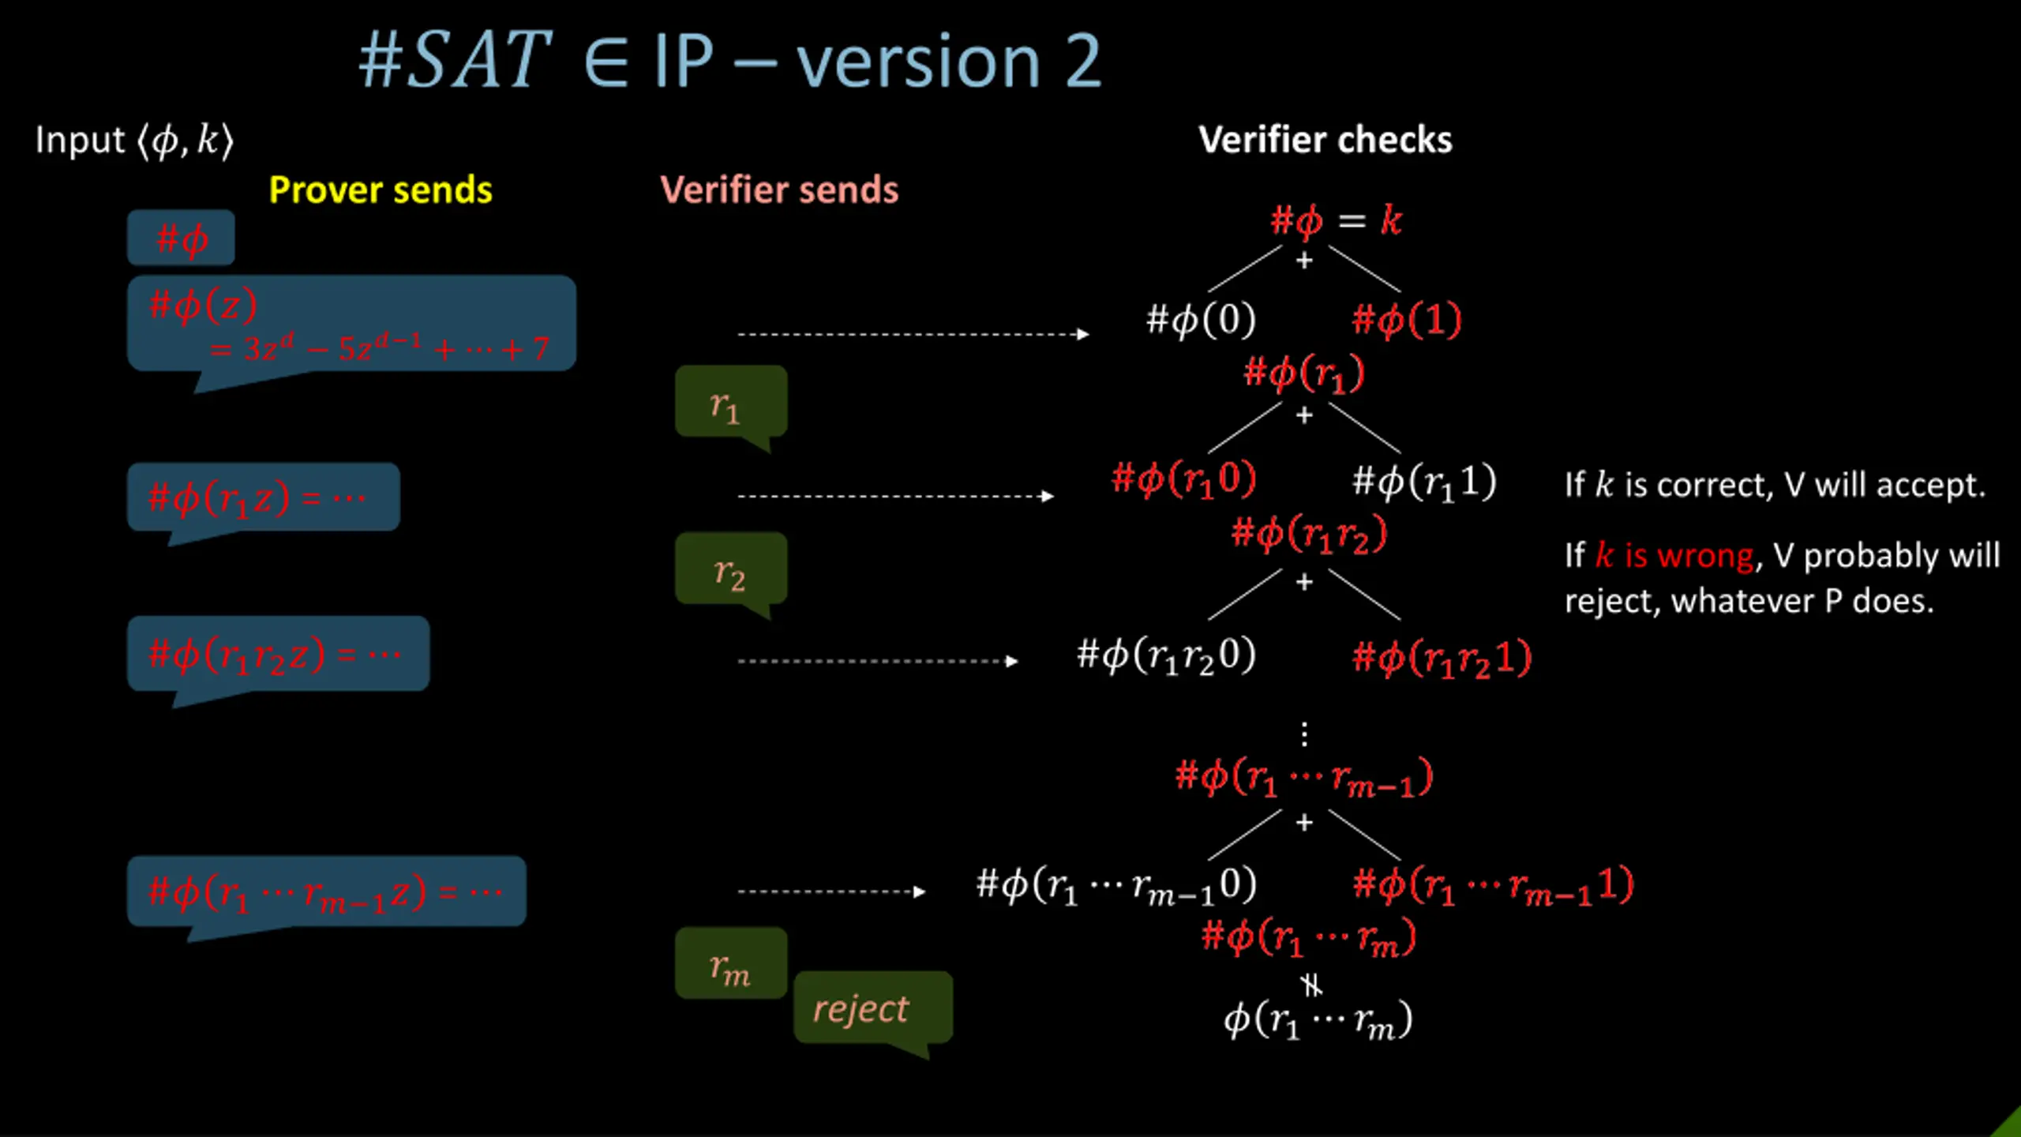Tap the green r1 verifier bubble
(x=731, y=402)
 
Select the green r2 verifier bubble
(x=731, y=568)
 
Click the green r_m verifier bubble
(x=731, y=964)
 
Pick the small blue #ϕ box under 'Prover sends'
(x=181, y=238)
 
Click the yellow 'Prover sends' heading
(x=381, y=190)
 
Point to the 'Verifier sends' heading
(x=779, y=190)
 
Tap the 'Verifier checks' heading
(x=1325, y=140)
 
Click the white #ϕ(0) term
(x=1201, y=320)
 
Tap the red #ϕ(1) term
(x=1407, y=320)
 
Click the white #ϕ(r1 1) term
(x=1424, y=482)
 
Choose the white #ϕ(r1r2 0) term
(x=1166, y=655)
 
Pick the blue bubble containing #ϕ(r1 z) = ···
(x=263, y=497)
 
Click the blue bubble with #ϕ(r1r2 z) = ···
(x=278, y=654)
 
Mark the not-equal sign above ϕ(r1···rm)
(x=1311, y=985)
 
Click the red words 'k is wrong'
(x=1674, y=556)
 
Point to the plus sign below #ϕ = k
(x=1304, y=260)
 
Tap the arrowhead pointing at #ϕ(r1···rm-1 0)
(x=919, y=891)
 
